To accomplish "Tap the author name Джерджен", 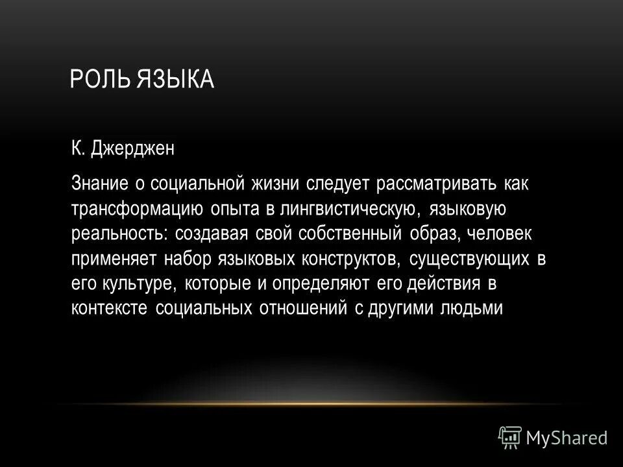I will coord(135,150).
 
